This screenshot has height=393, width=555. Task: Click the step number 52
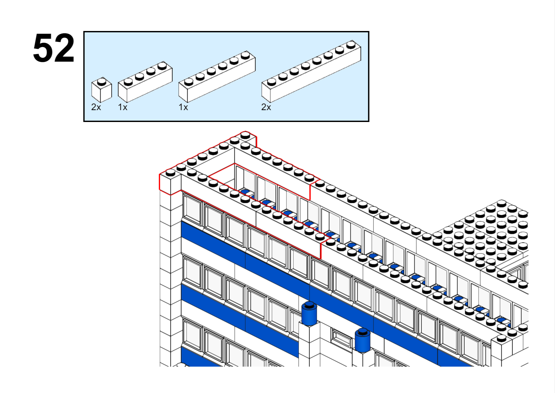[54, 48]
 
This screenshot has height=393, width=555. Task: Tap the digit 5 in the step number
[44, 48]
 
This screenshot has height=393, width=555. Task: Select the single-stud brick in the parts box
[102, 90]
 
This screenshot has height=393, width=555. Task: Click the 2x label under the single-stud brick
[96, 107]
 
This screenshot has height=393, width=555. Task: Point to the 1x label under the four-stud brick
[123, 107]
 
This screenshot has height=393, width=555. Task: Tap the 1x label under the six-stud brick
[183, 107]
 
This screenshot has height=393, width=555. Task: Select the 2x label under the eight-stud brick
[266, 107]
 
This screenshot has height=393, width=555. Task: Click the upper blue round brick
[309, 314]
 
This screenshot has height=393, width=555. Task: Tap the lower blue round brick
[363, 340]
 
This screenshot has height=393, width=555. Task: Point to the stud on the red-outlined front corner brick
[170, 172]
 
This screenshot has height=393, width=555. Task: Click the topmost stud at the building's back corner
[245, 135]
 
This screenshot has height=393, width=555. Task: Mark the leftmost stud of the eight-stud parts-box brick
[271, 82]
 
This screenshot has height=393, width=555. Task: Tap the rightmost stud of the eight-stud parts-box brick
[351, 45]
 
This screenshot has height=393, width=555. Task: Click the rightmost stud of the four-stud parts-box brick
[162, 66]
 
